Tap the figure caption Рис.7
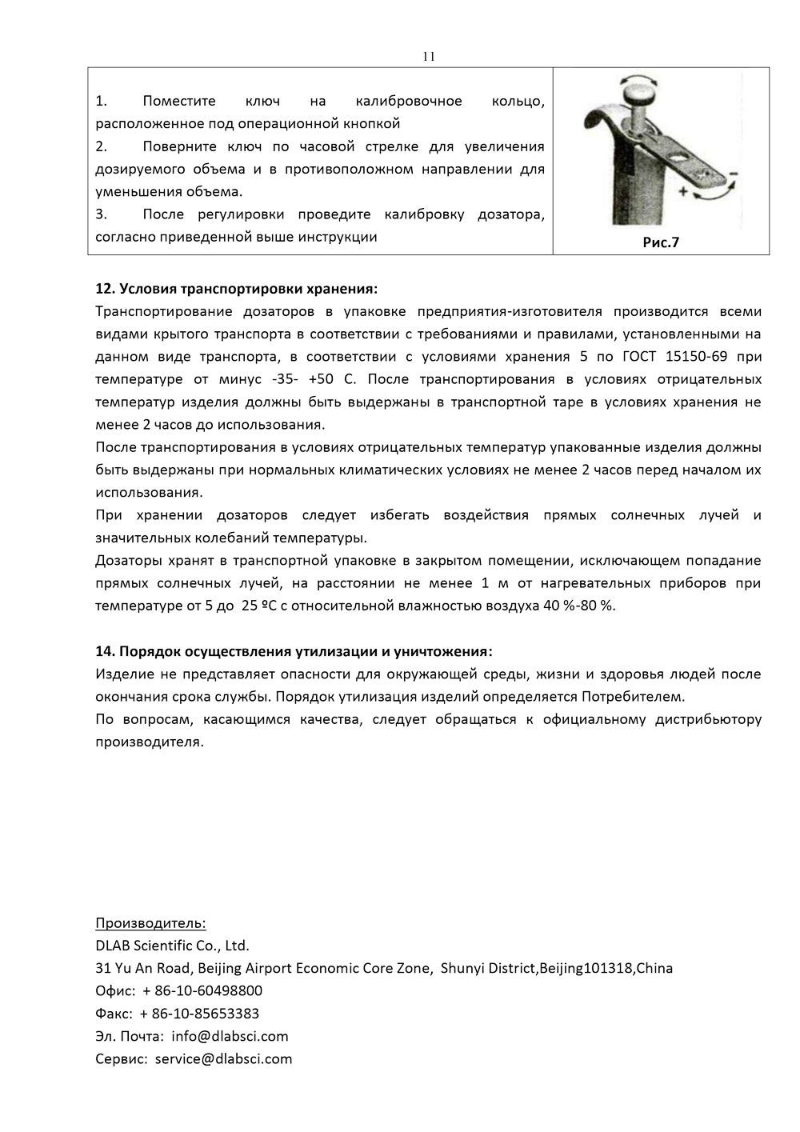(661, 242)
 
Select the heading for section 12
(235, 288)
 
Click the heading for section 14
(294, 650)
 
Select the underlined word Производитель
(150, 923)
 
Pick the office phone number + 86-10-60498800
(201, 991)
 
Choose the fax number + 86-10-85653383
(199, 1014)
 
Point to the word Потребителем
(634, 696)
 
